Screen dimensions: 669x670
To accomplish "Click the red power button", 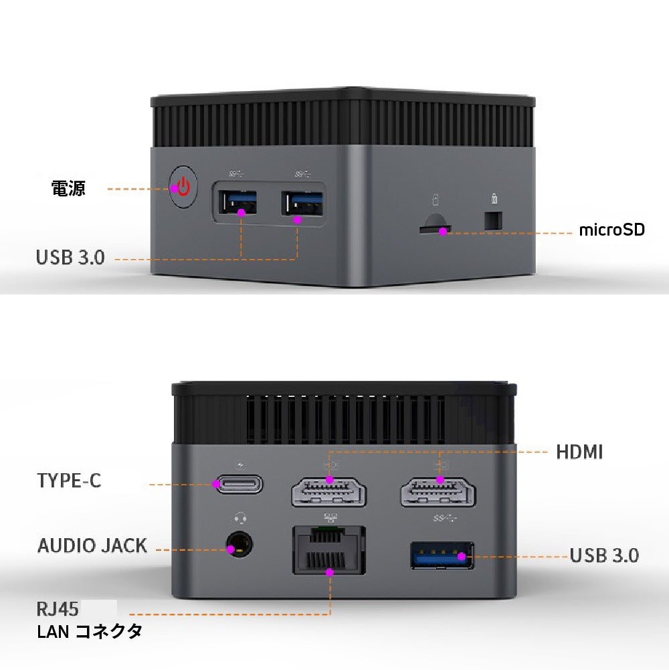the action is pos(183,187).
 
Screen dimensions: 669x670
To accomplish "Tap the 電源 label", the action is pos(69,189).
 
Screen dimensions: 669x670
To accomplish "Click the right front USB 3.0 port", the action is pos(302,204).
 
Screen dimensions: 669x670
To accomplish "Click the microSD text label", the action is pos(611,230).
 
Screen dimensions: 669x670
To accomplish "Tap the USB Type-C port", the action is pos(238,485).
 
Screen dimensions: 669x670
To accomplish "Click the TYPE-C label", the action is pos(69,481).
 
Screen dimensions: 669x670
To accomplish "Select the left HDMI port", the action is pos(329,493).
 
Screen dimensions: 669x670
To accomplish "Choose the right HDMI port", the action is pos(438,493).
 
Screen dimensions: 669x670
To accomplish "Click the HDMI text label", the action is pos(579,452).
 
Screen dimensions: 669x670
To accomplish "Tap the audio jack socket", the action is pos(239,546).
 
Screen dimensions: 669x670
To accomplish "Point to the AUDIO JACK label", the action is pos(92,546).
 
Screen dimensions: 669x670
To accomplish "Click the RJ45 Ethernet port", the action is pos(329,550).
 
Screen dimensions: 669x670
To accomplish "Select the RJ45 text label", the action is pos(58,609).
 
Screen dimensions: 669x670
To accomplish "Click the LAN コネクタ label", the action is pos(90,631).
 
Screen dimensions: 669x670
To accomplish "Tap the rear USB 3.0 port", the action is pos(442,556).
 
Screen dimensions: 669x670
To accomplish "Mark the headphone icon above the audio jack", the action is pos(239,517).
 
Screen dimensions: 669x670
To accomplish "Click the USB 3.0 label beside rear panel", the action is pos(604,556).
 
